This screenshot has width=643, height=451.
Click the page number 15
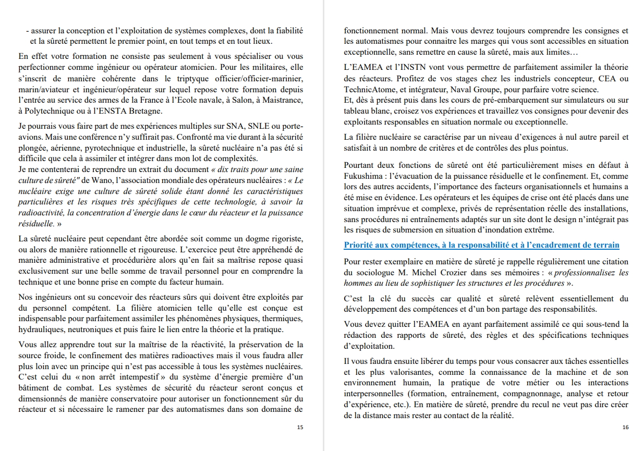click(299, 427)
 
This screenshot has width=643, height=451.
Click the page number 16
click(625, 427)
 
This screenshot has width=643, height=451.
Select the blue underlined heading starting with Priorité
click(481, 245)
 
